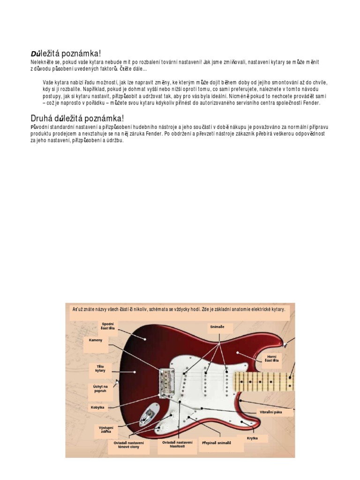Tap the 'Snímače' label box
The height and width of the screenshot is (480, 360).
click(x=217, y=326)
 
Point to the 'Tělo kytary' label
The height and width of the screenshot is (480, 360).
click(x=101, y=368)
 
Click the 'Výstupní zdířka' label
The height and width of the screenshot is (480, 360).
click(x=105, y=429)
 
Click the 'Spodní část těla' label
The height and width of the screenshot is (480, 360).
click(x=108, y=326)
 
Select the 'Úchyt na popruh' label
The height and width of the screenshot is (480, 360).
click(x=100, y=389)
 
